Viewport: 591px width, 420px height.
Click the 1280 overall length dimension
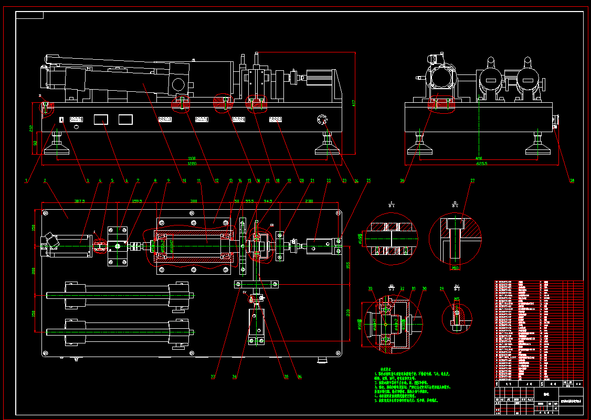pos(192,164)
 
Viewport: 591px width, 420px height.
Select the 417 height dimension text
pos(354,103)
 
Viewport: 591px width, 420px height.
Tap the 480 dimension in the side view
pos(479,158)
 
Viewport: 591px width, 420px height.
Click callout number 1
pos(25,180)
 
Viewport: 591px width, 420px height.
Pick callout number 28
pos(572,180)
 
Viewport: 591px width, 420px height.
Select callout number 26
pos(403,180)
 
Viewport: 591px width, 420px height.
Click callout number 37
pos(213,376)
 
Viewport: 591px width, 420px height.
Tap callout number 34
pos(299,376)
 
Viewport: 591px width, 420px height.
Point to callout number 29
pos(441,288)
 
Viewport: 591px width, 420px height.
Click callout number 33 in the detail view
pos(371,288)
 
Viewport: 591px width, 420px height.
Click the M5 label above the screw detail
pos(457,299)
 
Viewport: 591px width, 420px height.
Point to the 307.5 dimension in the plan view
pos(80,200)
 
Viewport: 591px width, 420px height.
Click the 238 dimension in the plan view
pos(309,200)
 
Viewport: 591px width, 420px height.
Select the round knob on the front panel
pos(321,120)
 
